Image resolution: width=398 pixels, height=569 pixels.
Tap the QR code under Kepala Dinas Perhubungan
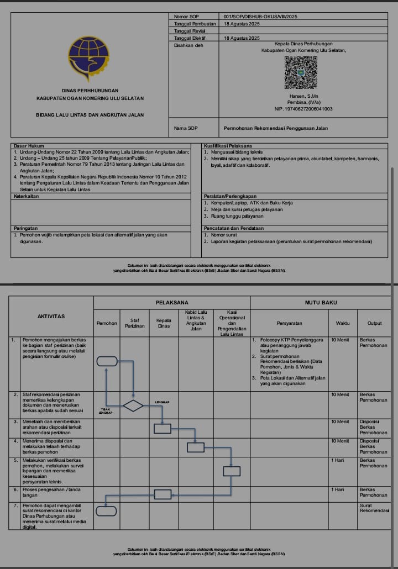301,72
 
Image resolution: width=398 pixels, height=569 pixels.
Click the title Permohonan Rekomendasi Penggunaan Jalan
276,128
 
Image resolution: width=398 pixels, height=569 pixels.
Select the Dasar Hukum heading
25,146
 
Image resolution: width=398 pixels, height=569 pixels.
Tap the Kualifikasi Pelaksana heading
227,146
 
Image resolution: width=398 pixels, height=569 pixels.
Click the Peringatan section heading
25,228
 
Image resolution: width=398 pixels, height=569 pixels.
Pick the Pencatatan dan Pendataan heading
234,228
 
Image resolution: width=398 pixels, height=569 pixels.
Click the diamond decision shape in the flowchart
133,405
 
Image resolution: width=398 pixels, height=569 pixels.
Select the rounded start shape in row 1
107,361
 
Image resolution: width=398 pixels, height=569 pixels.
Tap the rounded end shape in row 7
106,511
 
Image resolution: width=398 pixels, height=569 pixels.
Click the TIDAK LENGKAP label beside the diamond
106,411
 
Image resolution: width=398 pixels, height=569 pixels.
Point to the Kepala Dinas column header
164,323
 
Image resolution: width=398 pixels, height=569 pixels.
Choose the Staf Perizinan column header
134,323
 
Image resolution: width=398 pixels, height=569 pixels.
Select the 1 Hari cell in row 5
337,460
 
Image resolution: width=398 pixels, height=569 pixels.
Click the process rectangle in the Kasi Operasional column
232,471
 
